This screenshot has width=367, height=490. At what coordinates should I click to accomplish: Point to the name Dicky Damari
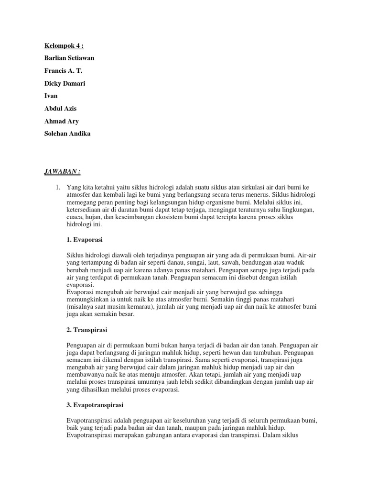[x=61, y=83]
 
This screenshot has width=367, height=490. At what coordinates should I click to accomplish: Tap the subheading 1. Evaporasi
[x=84, y=238]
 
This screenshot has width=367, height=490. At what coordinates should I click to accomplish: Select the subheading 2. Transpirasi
[x=86, y=330]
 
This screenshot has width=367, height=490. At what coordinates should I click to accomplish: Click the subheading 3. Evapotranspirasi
[x=95, y=405]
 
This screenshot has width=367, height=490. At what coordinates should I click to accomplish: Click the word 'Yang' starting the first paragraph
[x=74, y=188]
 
